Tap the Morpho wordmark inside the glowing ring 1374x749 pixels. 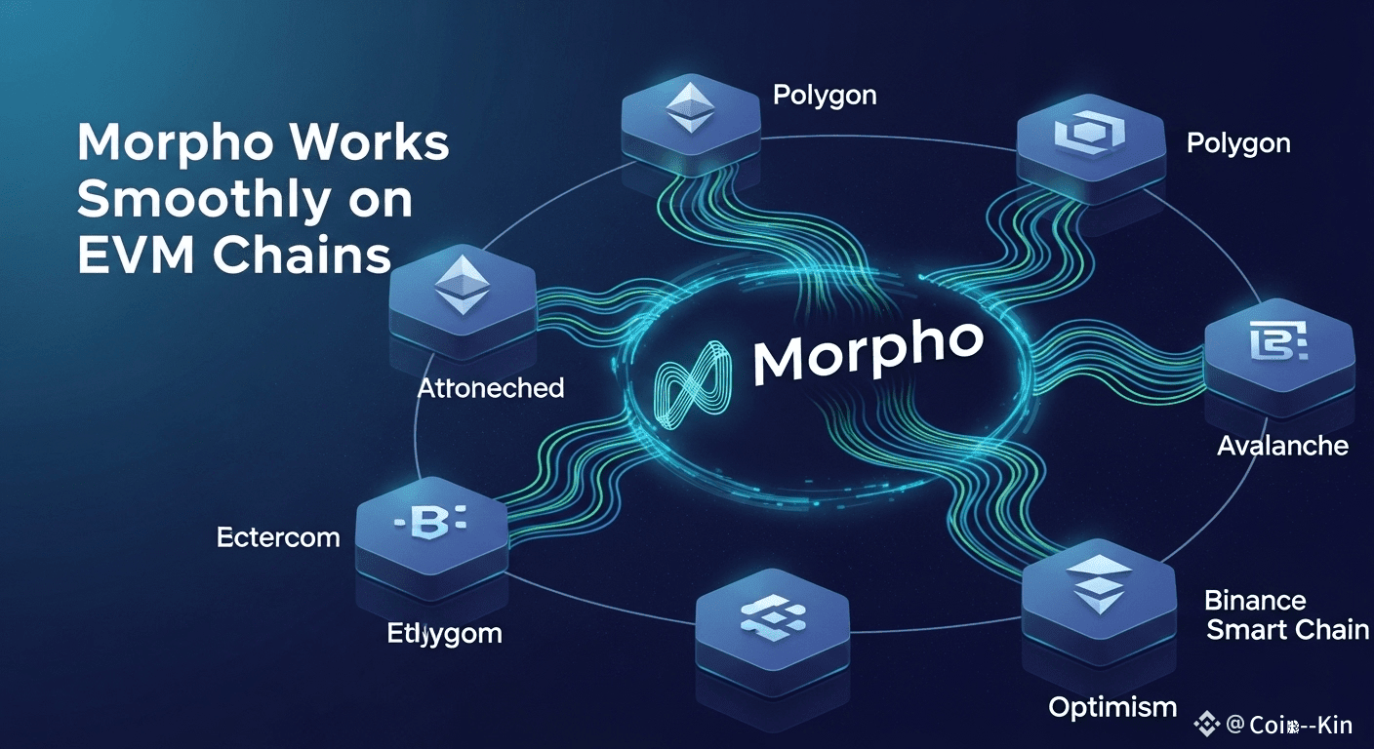(x=867, y=351)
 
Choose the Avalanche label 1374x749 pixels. (x=1282, y=447)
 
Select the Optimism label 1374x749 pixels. (x=1112, y=707)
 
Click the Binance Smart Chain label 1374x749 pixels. (x=1286, y=615)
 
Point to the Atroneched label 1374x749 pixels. (x=491, y=388)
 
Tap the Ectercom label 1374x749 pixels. (x=278, y=536)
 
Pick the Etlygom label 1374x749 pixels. (x=444, y=634)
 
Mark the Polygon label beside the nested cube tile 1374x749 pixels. (x=1238, y=144)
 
